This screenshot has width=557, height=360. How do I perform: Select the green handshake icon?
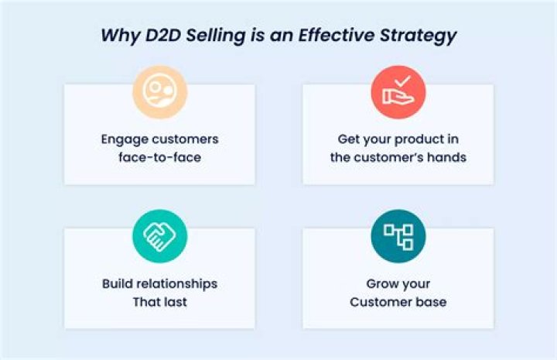tap(159, 236)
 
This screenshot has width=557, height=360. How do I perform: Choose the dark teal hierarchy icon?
tap(398, 236)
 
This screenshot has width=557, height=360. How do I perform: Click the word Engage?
tap(125, 139)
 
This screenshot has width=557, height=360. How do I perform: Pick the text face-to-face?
tap(159, 158)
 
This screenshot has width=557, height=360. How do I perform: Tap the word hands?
tap(447, 158)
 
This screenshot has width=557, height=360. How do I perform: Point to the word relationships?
tap(178, 283)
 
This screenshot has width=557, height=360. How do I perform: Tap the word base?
tap(431, 302)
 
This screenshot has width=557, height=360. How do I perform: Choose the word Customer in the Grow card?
tap(381, 302)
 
